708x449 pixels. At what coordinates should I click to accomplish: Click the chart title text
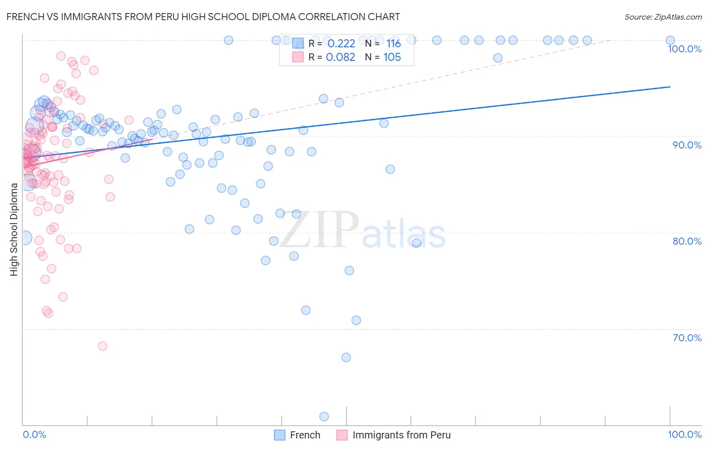coord(203,17)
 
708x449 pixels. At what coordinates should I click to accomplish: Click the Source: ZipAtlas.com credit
coord(663,17)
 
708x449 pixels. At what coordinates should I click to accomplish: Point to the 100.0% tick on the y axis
coord(684,49)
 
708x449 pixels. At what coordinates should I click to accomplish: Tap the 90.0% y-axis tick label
coord(687,145)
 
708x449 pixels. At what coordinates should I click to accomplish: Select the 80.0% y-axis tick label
coord(687,241)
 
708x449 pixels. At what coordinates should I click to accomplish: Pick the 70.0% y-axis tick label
coord(687,338)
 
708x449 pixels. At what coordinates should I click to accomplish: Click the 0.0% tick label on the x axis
coord(34,434)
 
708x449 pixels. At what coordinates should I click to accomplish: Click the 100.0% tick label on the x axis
coord(684,434)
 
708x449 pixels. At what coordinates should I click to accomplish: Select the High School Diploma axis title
coord(14,229)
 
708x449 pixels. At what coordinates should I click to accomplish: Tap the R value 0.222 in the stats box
coord(341,44)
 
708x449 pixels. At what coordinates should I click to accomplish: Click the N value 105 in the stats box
coord(392,57)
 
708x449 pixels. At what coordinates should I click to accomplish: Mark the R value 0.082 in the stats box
coord(340,57)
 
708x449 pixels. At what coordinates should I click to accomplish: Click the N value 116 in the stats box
coord(393,44)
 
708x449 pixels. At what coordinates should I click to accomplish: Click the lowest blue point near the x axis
coord(324,416)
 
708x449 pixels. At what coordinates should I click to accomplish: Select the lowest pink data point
coord(102,346)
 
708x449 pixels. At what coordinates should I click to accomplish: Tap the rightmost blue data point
coord(670,40)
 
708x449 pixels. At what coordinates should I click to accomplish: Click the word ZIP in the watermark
coord(319,230)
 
